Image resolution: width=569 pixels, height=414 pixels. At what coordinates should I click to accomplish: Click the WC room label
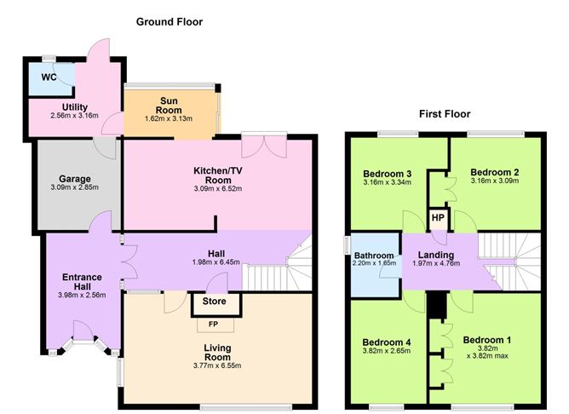tap(49, 78)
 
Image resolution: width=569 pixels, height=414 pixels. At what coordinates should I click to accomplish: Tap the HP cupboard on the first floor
tap(438, 218)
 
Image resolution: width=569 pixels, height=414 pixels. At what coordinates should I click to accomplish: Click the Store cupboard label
tap(214, 302)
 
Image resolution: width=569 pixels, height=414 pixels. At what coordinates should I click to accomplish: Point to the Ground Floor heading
tap(170, 22)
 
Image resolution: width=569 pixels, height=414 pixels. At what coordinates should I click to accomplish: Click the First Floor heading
tap(445, 114)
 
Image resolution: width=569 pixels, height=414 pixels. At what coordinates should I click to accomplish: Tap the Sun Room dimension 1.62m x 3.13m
tap(169, 118)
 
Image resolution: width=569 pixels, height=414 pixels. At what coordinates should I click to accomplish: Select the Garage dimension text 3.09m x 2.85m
tap(75, 187)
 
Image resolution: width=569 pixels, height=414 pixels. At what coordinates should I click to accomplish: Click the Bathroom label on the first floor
tap(374, 256)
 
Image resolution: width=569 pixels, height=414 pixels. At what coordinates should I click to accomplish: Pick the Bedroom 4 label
tap(387, 342)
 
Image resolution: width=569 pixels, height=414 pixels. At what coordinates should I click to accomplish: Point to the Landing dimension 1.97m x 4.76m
tap(436, 263)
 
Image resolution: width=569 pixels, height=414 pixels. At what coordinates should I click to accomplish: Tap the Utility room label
tap(75, 107)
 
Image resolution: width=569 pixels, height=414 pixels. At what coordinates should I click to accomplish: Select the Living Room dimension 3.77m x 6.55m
tap(217, 365)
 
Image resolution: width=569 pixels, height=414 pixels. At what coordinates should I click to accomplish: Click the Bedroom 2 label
tap(495, 172)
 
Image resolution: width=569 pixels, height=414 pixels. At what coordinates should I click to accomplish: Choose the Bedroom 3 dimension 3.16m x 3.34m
tap(388, 182)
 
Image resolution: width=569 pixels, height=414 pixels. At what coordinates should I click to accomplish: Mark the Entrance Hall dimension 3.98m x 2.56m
tap(82, 296)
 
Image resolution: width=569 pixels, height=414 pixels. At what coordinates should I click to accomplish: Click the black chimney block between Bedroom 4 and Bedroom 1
tap(437, 306)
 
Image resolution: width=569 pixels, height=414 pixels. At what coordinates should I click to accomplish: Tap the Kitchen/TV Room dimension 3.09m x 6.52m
tap(218, 188)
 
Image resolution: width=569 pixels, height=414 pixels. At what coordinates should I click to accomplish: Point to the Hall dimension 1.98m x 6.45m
tap(216, 262)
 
